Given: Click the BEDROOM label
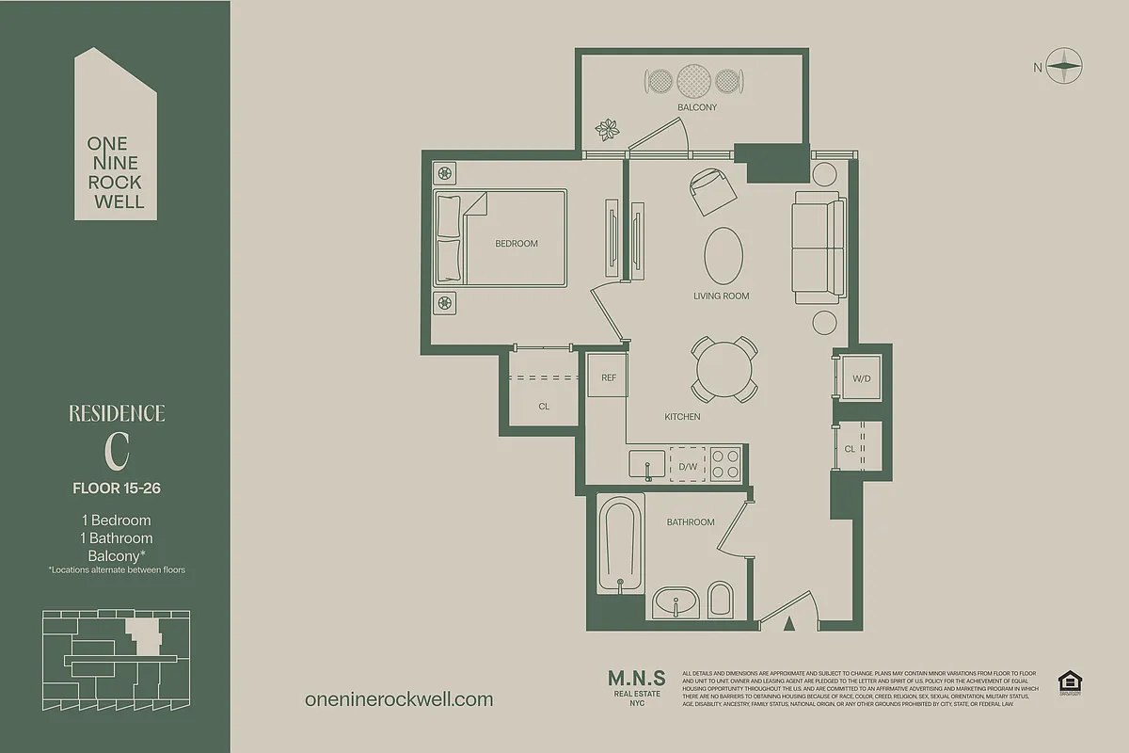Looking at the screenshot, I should tap(517, 244).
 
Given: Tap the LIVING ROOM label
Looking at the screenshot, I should tap(722, 296).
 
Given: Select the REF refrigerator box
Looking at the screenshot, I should tap(609, 377).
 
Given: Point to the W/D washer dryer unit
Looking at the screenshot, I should tap(861, 378).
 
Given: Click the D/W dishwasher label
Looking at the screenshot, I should tap(688, 467).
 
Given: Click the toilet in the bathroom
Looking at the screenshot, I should tap(721, 600).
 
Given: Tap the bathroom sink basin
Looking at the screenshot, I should tap(675, 601).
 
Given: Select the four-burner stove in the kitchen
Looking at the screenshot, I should tap(725, 464).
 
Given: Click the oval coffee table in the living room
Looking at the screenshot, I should tap(724, 255).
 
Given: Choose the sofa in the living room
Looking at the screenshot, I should tap(816, 248).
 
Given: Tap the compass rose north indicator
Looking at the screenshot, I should tap(1065, 66).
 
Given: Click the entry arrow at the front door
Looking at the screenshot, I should tap(790, 621).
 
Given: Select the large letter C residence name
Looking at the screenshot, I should tap(117, 452).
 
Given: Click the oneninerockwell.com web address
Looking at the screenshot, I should tap(399, 699).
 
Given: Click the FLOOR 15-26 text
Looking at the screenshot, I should tap(117, 488).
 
